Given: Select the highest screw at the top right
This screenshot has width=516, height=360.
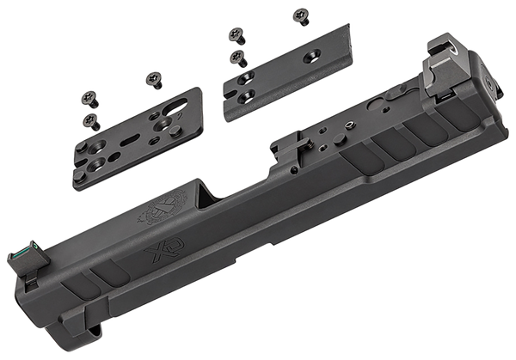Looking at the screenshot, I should (300, 13).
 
